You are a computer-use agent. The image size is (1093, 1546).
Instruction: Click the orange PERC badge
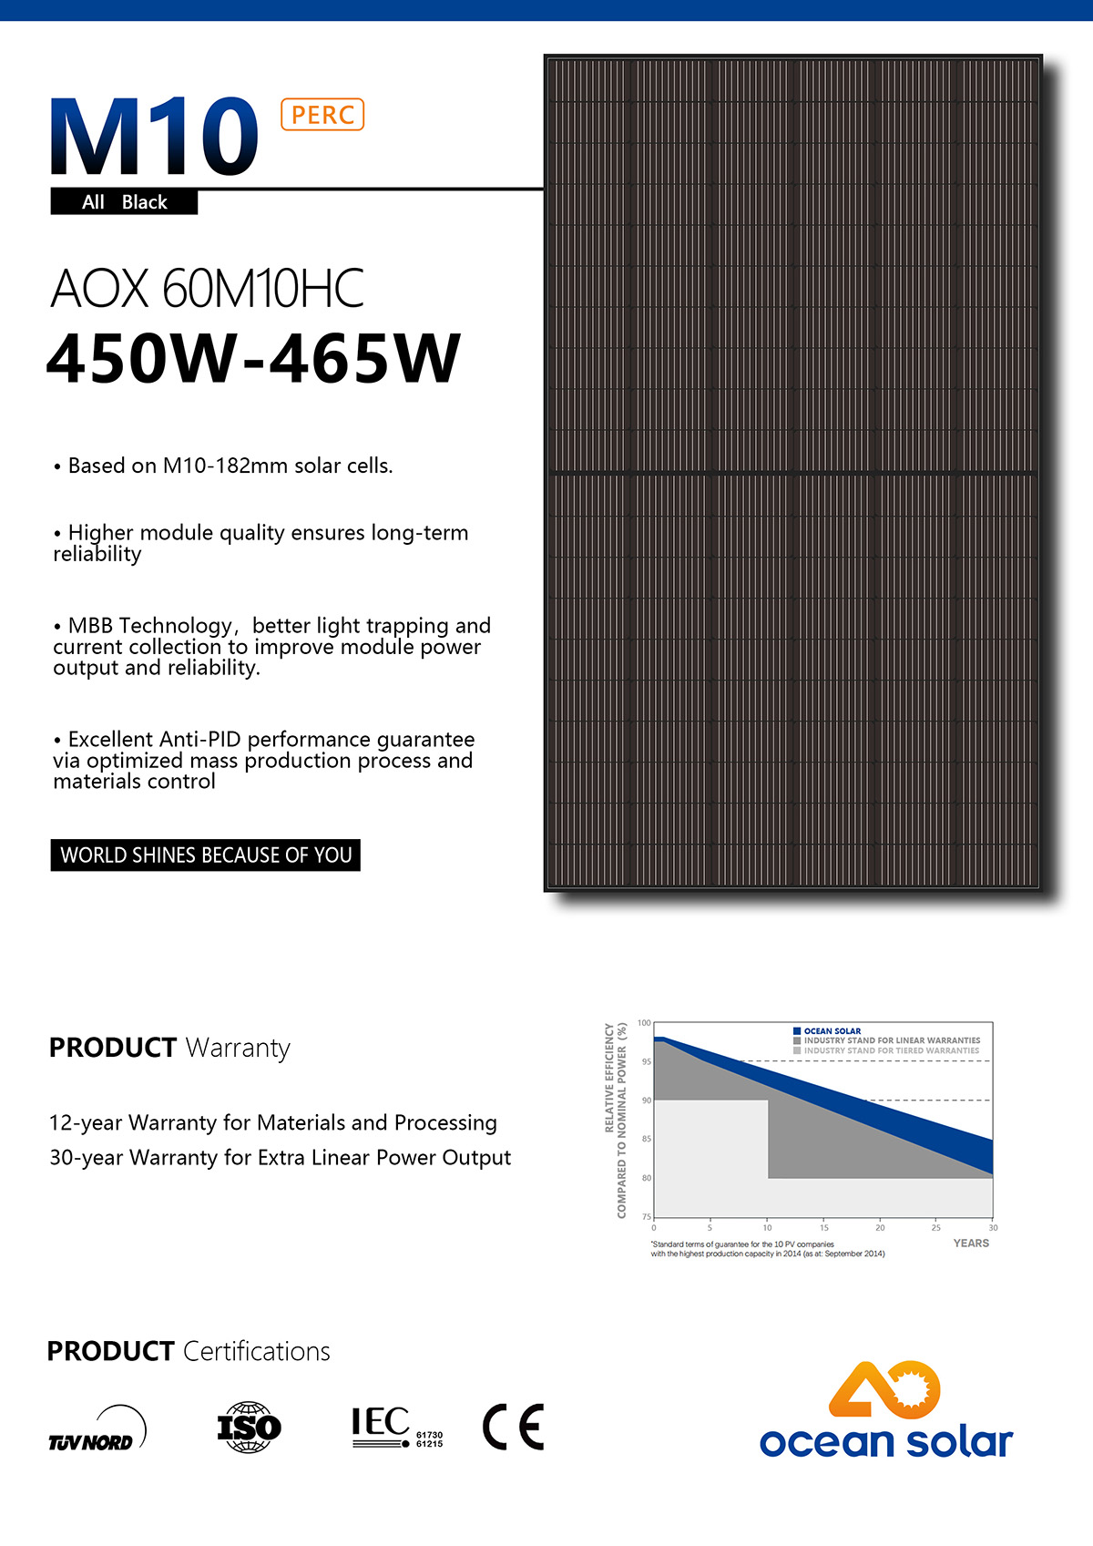tap(322, 115)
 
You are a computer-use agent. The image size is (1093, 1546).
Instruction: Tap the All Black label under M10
tap(125, 202)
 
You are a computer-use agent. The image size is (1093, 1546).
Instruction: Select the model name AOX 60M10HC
tap(208, 289)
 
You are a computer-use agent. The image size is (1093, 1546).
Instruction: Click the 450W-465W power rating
tap(253, 358)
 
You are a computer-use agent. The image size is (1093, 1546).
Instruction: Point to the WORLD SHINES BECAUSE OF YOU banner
tap(206, 855)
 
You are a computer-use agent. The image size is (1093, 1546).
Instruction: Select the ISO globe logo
tap(249, 1427)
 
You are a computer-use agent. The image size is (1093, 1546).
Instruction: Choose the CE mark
tap(513, 1427)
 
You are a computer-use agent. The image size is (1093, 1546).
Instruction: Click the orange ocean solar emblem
tap(884, 1390)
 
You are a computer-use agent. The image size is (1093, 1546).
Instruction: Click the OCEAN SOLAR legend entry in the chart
tap(832, 1031)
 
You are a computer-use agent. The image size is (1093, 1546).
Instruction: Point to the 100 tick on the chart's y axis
tap(644, 1023)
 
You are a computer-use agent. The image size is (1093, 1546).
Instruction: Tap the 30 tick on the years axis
tap(993, 1228)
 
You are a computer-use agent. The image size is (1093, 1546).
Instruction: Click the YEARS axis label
tap(971, 1244)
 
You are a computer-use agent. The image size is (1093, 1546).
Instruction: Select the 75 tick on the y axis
tap(647, 1216)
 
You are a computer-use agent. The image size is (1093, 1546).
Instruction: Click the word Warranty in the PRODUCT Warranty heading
tap(238, 1049)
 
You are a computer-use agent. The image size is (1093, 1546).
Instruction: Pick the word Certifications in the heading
tap(257, 1351)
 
